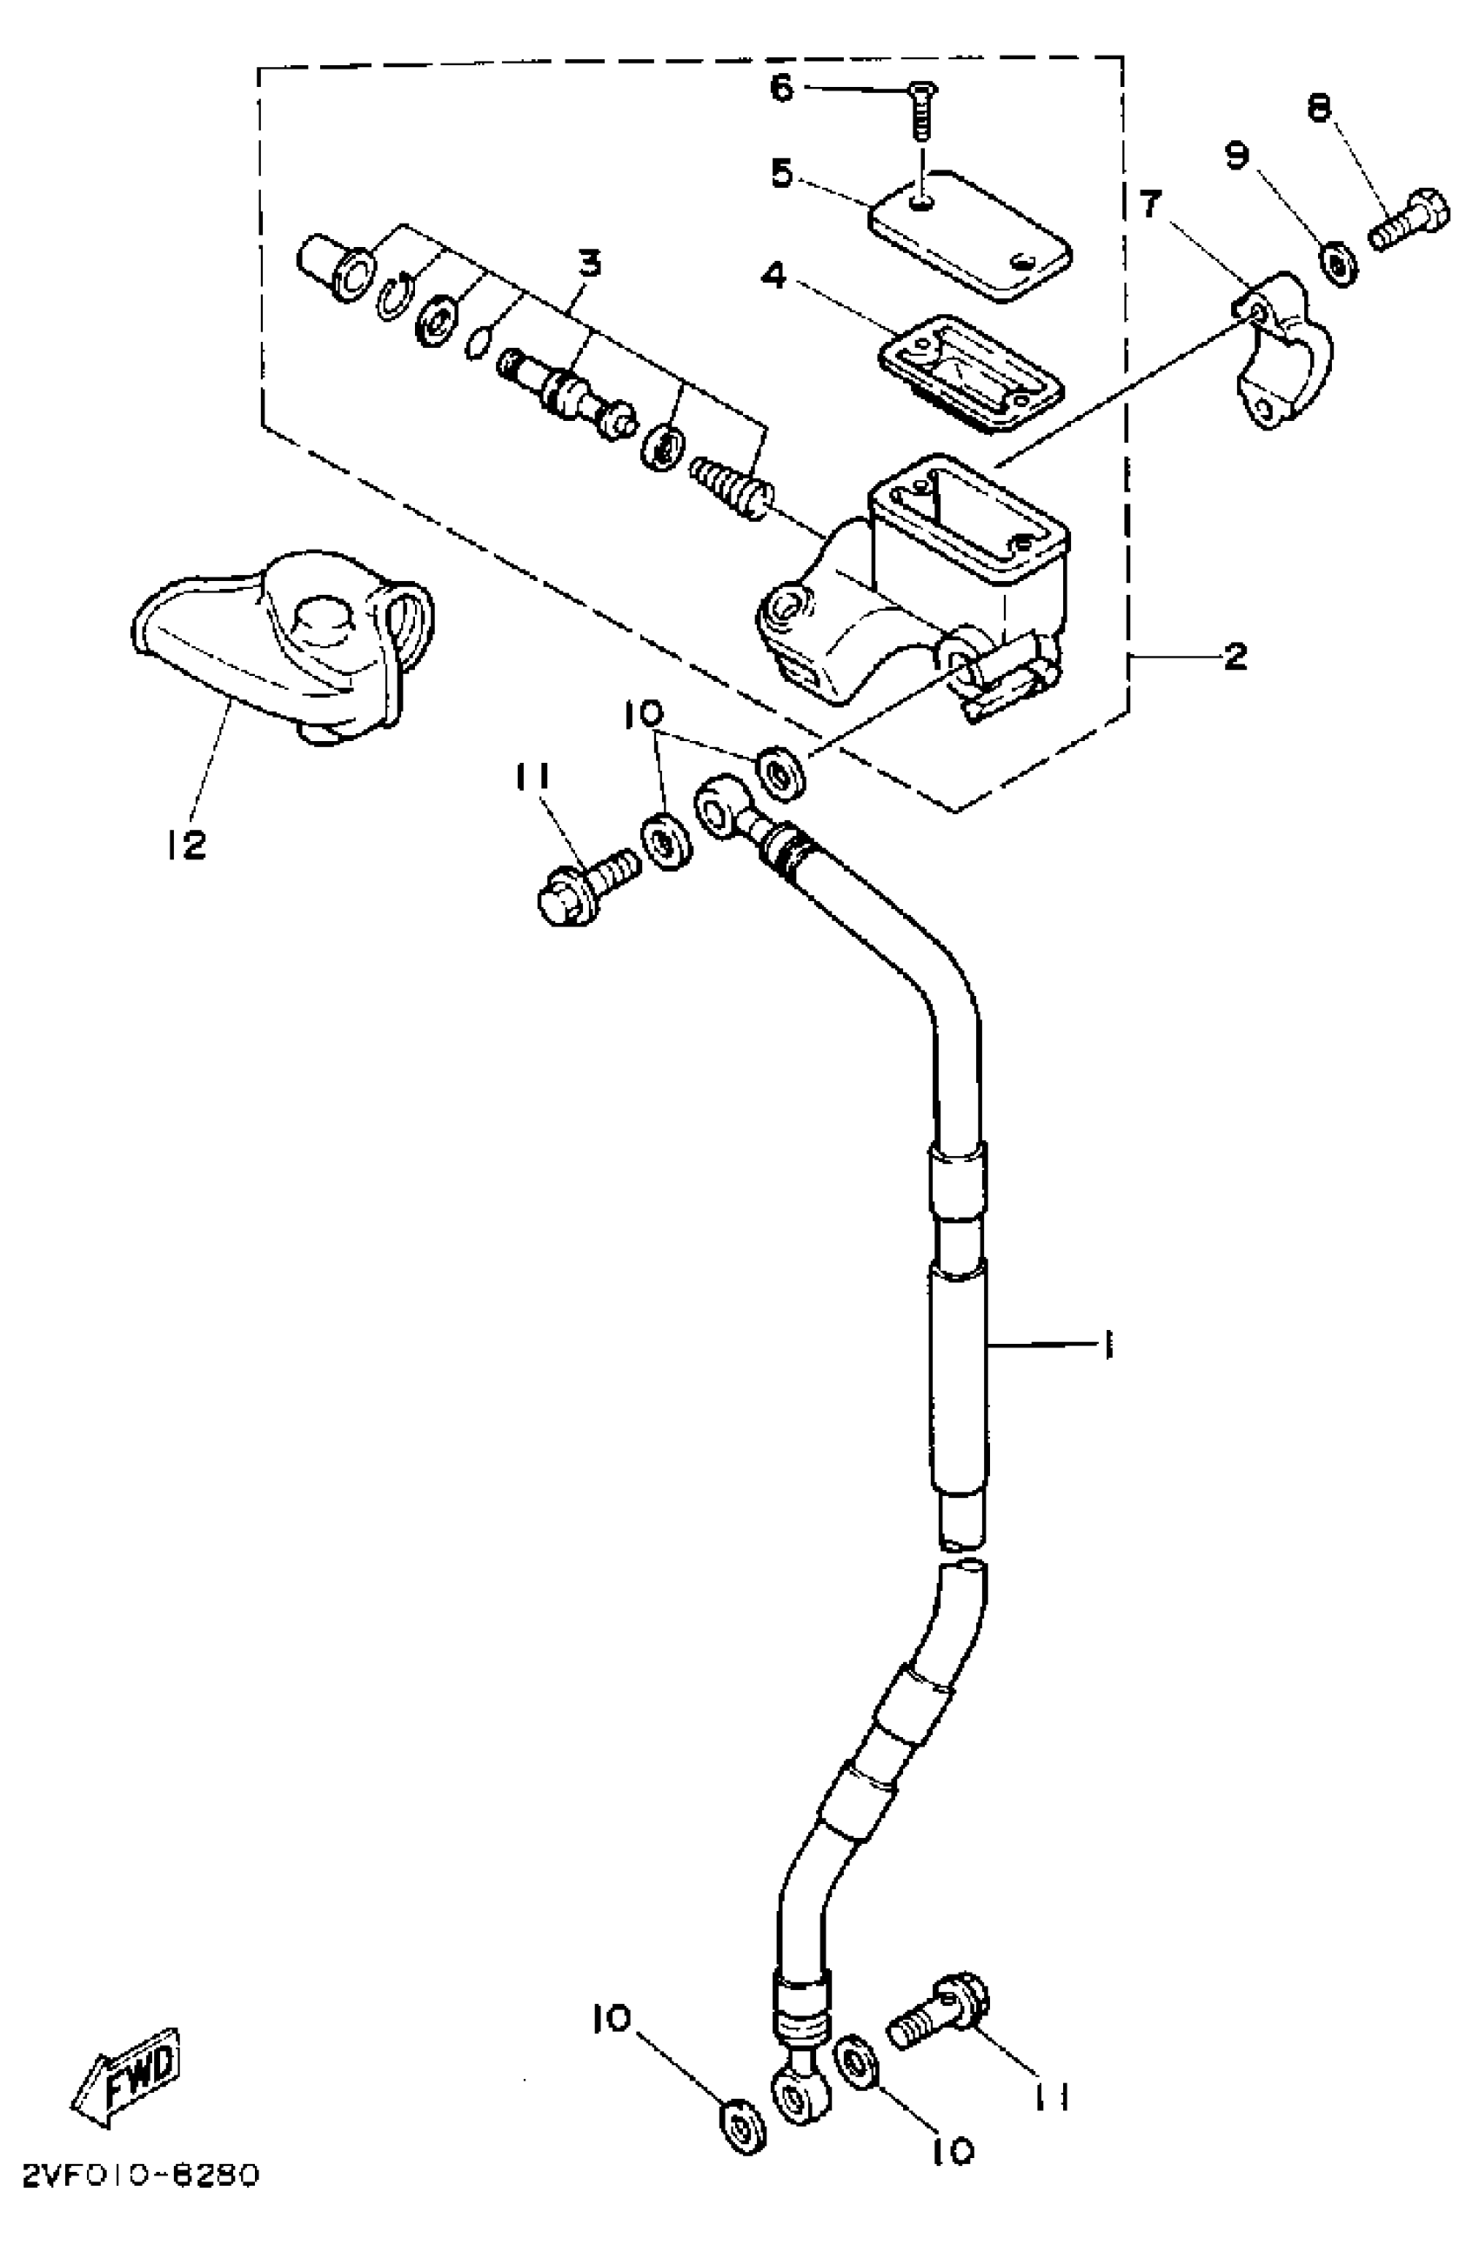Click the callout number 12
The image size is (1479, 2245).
tap(187, 845)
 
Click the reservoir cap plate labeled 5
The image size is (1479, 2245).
tap(972, 236)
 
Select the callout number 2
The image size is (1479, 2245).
tap(1235, 657)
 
